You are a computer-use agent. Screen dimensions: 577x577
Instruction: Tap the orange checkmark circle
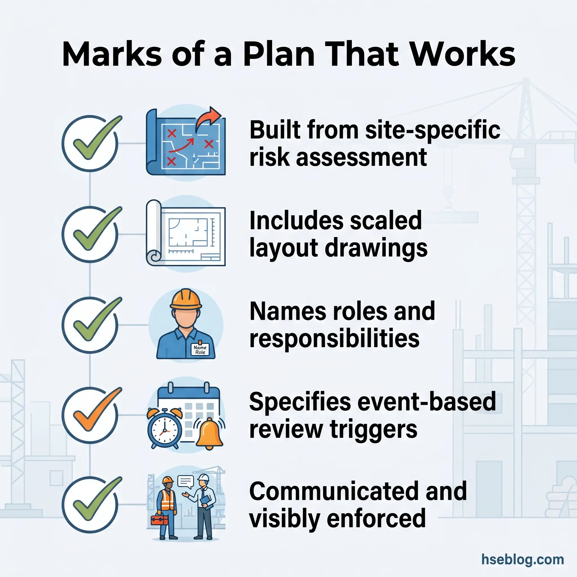(x=90, y=415)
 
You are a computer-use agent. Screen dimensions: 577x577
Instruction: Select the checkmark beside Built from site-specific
(x=90, y=143)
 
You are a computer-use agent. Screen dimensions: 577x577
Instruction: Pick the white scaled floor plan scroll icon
(x=186, y=233)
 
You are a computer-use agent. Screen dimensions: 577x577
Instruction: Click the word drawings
(x=376, y=248)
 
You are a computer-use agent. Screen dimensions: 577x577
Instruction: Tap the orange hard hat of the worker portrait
(x=186, y=299)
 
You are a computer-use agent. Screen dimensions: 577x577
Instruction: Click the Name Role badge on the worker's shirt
(x=200, y=350)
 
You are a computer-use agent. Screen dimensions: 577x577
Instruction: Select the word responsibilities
(x=334, y=339)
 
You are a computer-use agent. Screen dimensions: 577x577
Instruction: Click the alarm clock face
(x=165, y=429)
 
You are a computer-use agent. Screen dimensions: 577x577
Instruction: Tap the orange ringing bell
(x=209, y=433)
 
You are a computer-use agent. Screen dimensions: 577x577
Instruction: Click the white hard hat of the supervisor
(x=204, y=478)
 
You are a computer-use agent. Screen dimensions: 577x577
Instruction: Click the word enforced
(x=376, y=520)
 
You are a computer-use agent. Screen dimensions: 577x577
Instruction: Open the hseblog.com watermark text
(x=522, y=559)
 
